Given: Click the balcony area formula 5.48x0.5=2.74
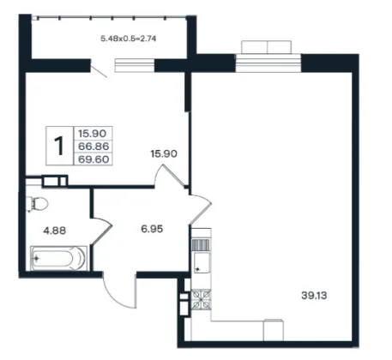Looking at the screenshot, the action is pyautogui.click(x=129, y=39).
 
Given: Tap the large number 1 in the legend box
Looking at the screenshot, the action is pyautogui.click(x=59, y=146).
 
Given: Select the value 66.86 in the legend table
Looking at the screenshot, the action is pyautogui.click(x=93, y=147).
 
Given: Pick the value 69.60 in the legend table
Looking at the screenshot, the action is pyautogui.click(x=93, y=159).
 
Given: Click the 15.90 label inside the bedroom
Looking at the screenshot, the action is pyautogui.click(x=164, y=153).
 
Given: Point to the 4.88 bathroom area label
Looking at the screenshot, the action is pyautogui.click(x=54, y=230).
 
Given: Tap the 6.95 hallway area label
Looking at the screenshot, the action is pyautogui.click(x=152, y=229).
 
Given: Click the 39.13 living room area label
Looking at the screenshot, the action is pyautogui.click(x=314, y=295).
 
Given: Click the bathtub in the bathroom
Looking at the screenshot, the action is pyautogui.click(x=59, y=258).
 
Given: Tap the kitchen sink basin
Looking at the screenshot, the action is pyautogui.click(x=202, y=262).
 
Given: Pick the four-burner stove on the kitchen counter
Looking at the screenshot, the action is pyautogui.click(x=202, y=299).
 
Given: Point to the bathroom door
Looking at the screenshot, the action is pyautogui.click(x=101, y=231).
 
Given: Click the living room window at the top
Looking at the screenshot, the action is pyautogui.click(x=268, y=63).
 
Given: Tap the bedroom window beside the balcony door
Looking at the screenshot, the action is pyautogui.click(x=135, y=65).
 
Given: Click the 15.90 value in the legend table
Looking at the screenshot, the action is pyautogui.click(x=93, y=134).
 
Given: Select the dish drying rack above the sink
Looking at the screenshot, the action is pyautogui.click(x=202, y=245).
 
